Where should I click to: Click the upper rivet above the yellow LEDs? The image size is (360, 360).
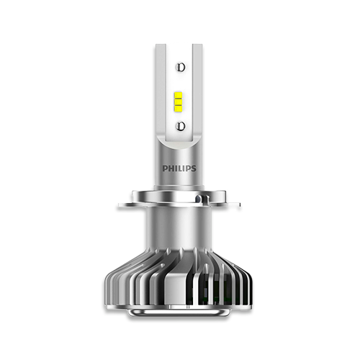pos(181,67)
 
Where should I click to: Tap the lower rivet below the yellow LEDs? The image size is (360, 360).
pos(181,126)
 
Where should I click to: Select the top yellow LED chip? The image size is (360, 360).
pos(179,95)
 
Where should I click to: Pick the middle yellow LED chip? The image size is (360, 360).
pos(179,102)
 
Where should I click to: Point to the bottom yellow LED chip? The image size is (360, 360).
pos(179,109)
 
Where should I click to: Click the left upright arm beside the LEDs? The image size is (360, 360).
pos(161,91)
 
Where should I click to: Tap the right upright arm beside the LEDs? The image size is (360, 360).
pos(197,91)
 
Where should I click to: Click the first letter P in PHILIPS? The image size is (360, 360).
pos(165,168)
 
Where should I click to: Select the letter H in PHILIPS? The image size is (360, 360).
pos(171,168)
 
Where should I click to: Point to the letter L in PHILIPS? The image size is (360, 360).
pos(179,168)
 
